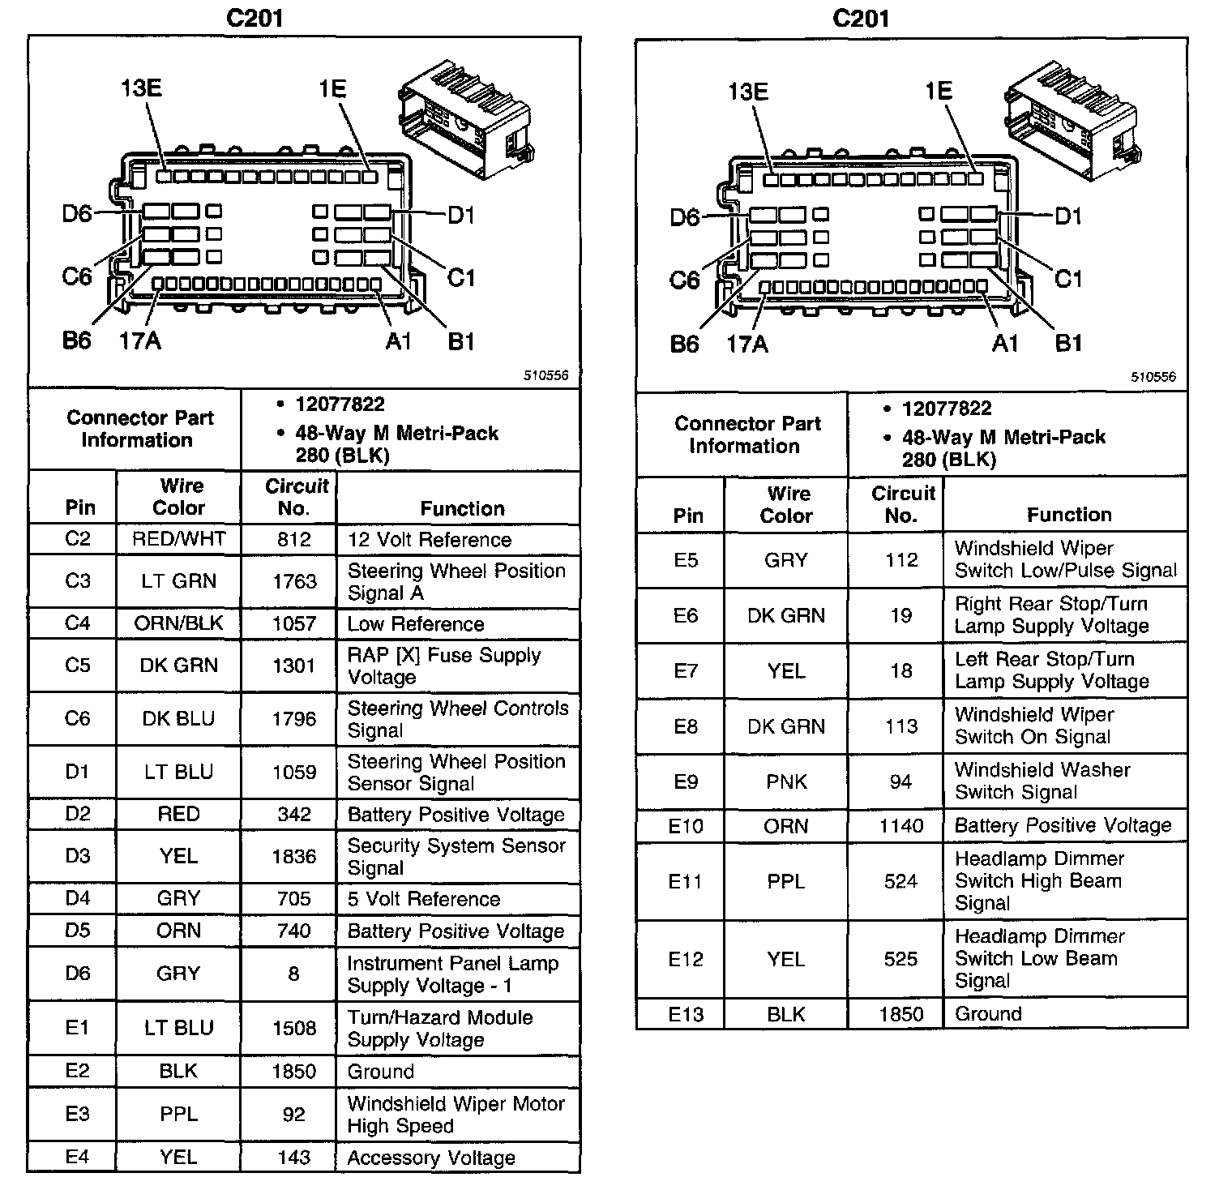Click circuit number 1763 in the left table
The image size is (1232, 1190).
click(x=293, y=581)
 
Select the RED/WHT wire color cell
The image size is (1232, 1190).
click(x=178, y=539)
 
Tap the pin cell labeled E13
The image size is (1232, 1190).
click(x=686, y=1014)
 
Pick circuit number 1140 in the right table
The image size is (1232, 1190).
click(x=901, y=826)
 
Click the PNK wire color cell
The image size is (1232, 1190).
click(x=786, y=781)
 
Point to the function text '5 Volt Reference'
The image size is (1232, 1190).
click(x=423, y=899)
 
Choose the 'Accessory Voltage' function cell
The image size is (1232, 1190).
click(x=431, y=1158)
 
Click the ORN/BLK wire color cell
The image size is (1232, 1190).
click(x=178, y=623)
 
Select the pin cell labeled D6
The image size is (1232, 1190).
click(x=78, y=974)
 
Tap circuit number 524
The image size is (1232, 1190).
click(x=900, y=881)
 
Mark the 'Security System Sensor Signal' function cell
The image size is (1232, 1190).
click(x=456, y=857)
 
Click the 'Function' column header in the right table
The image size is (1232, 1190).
click(x=1068, y=515)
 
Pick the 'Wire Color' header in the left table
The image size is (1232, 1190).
click(x=179, y=497)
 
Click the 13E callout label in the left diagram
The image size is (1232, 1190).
click(x=141, y=88)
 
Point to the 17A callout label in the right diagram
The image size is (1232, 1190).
click(x=746, y=345)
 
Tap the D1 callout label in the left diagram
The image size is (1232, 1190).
click(x=460, y=216)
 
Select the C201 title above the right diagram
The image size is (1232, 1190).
click(x=861, y=19)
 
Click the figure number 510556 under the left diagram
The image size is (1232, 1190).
click(x=545, y=375)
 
